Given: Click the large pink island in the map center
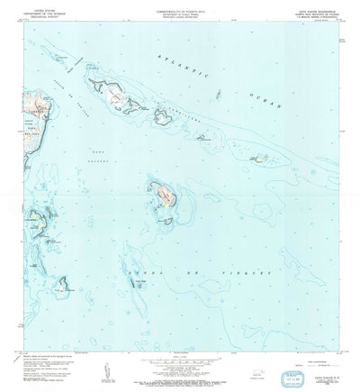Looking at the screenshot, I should (x=164, y=191).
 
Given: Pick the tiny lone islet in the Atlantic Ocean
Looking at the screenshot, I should (x=219, y=93).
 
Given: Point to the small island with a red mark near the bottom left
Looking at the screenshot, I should (x=63, y=289).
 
